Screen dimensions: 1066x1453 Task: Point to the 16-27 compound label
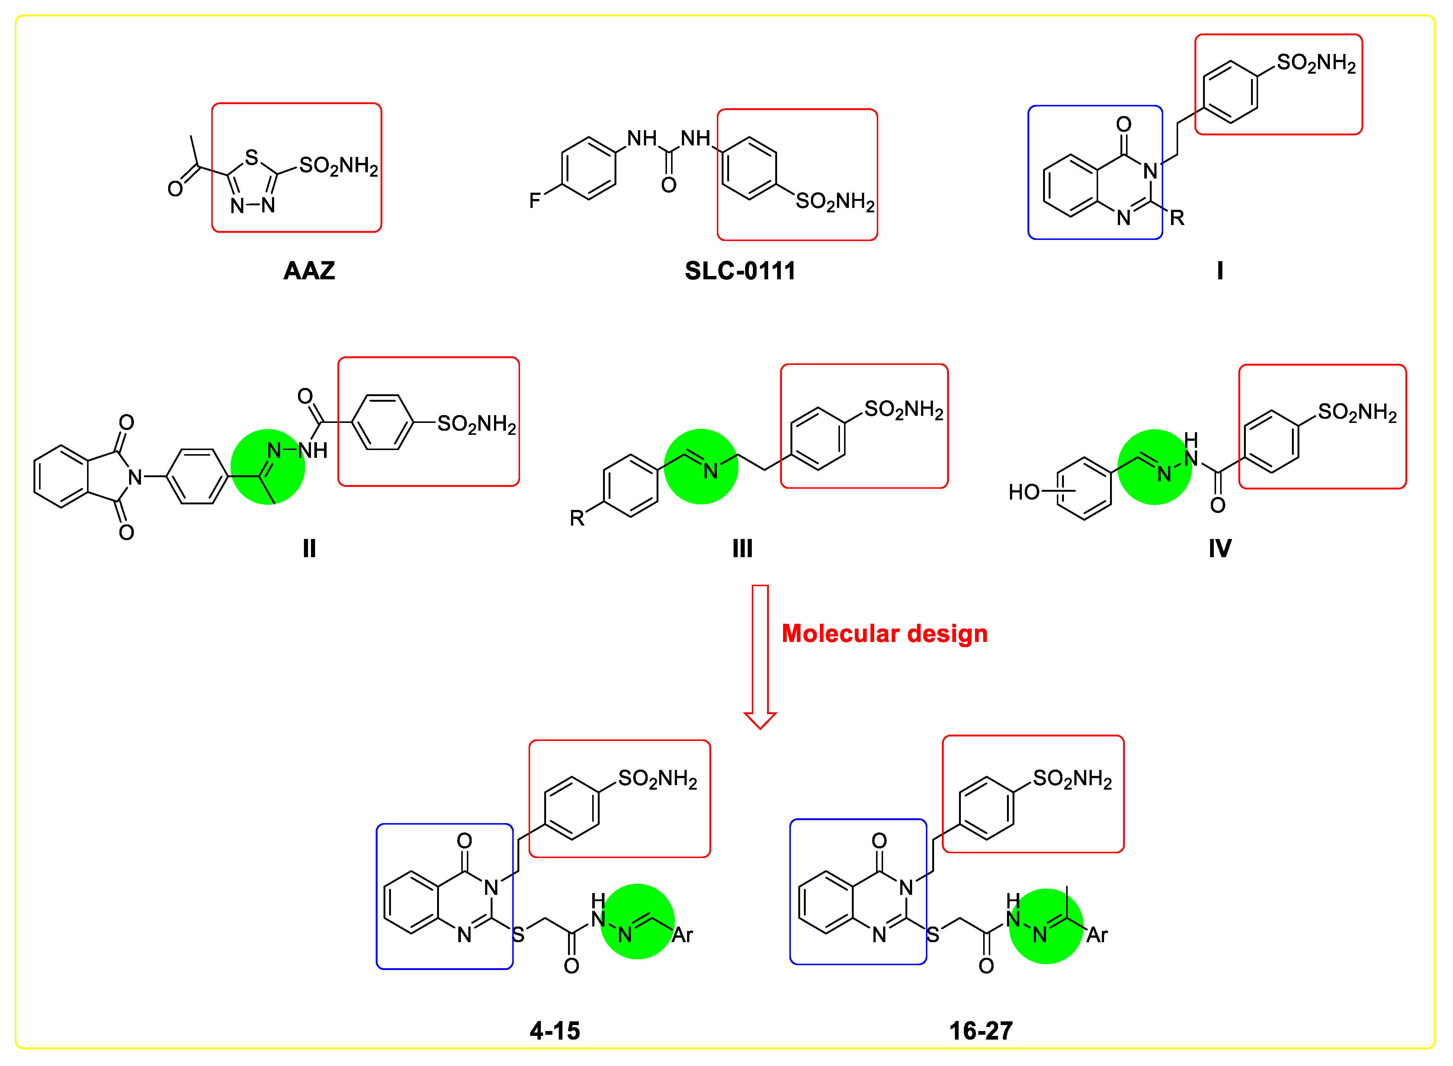pyautogui.click(x=980, y=1031)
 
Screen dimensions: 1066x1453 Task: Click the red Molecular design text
pyautogui.click(x=884, y=634)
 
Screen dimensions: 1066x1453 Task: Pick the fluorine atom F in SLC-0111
pyautogui.click(x=534, y=201)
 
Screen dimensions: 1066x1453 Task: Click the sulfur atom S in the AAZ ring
pyautogui.click(x=251, y=157)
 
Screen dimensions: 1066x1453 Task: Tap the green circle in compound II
pyautogui.click(x=268, y=466)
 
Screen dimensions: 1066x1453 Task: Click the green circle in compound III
pyautogui.click(x=701, y=466)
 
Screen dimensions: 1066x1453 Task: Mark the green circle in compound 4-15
pyautogui.click(x=638, y=921)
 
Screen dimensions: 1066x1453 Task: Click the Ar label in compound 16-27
pyautogui.click(x=1097, y=935)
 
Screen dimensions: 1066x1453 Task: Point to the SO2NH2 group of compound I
pyautogui.click(x=1316, y=63)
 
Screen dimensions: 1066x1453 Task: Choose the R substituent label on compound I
pyautogui.click(x=1177, y=218)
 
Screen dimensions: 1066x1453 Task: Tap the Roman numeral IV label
pyautogui.click(x=1219, y=549)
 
